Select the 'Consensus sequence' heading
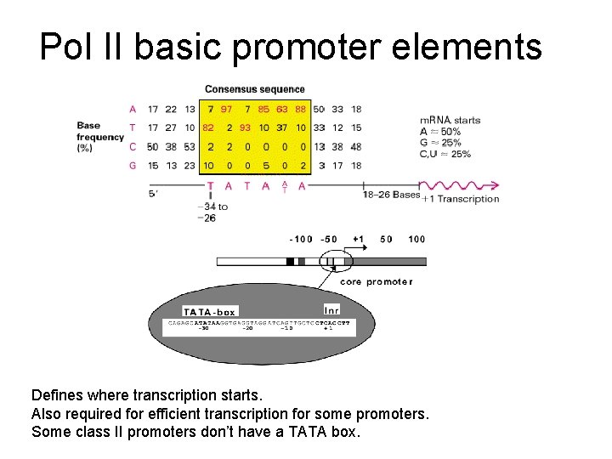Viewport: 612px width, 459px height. coord(254,89)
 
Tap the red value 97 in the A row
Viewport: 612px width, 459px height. coord(227,109)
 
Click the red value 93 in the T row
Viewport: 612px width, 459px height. coord(246,127)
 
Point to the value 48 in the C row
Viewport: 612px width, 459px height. coord(355,146)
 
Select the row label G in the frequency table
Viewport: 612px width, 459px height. coord(133,166)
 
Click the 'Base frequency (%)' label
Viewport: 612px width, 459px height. coord(100,136)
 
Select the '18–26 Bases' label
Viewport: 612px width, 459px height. coord(391,195)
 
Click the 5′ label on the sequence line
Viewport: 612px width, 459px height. coord(153,195)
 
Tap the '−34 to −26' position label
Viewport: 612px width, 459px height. coord(212,212)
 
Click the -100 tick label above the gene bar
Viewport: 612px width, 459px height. coord(300,239)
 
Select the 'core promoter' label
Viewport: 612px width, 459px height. coord(376,281)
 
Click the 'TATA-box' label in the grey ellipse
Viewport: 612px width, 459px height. coord(209,312)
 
